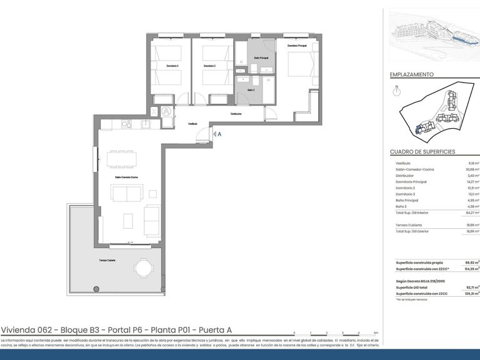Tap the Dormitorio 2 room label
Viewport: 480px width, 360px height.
point(209,66)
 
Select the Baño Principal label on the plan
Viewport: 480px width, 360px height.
point(261,58)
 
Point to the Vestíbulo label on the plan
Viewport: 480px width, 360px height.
point(193,124)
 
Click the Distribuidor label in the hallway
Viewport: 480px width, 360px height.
point(236,114)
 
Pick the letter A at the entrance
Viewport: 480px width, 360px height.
point(219,133)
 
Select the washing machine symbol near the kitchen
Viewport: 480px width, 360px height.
point(166,112)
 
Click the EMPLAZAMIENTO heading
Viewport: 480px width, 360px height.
point(412,74)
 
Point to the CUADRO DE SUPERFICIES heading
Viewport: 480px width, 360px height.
point(422,152)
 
